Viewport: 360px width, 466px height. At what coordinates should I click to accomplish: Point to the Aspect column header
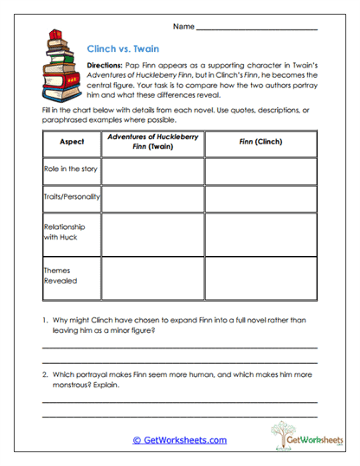(72, 141)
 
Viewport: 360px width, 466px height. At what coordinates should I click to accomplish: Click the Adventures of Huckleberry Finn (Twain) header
(152, 141)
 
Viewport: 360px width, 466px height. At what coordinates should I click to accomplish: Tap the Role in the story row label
(72, 169)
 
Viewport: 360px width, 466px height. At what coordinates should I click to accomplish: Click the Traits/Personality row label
(72, 197)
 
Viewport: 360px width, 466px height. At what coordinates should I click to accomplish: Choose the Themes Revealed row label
(61, 275)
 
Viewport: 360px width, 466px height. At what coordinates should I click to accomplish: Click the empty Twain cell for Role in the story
(152, 170)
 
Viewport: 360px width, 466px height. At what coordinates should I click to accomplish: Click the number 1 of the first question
(44, 321)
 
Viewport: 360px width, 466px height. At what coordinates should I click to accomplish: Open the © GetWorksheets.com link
(179, 440)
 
